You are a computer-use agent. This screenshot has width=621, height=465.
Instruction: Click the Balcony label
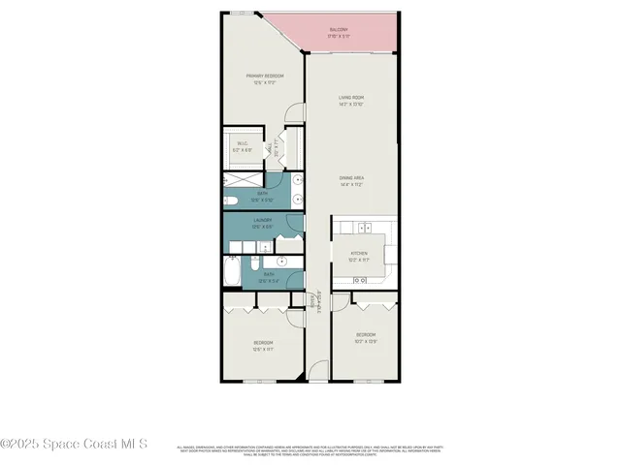click(x=339, y=30)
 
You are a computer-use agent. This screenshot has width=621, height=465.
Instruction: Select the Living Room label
click(x=351, y=97)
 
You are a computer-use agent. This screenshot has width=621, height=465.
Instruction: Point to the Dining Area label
click(x=351, y=177)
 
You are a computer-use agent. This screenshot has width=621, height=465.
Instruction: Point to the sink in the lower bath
click(x=284, y=262)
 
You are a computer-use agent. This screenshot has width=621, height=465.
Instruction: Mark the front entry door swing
click(x=319, y=372)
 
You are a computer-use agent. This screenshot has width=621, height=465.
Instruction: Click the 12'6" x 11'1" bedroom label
click(x=263, y=349)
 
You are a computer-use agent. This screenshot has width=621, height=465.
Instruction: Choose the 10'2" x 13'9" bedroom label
click(x=366, y=341)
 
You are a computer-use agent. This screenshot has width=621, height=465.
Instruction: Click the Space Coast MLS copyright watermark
click(x=74, y=445)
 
